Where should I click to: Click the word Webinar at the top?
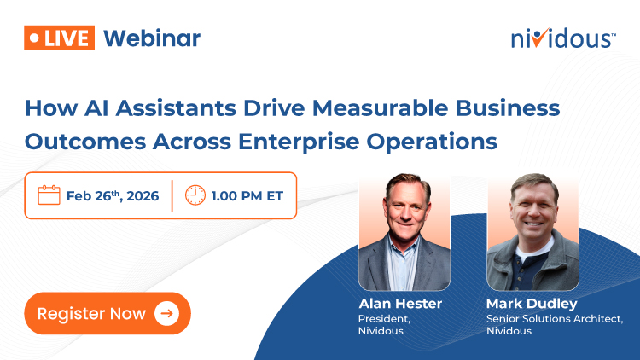click(152, 38)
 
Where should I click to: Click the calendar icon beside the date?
click(49, 195)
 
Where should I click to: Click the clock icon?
click(195, 195)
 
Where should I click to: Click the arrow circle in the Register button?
click(166, 313)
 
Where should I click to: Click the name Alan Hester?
click(399, 304)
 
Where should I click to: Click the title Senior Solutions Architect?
click(555, 318)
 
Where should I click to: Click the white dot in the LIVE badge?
click(33, 38)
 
